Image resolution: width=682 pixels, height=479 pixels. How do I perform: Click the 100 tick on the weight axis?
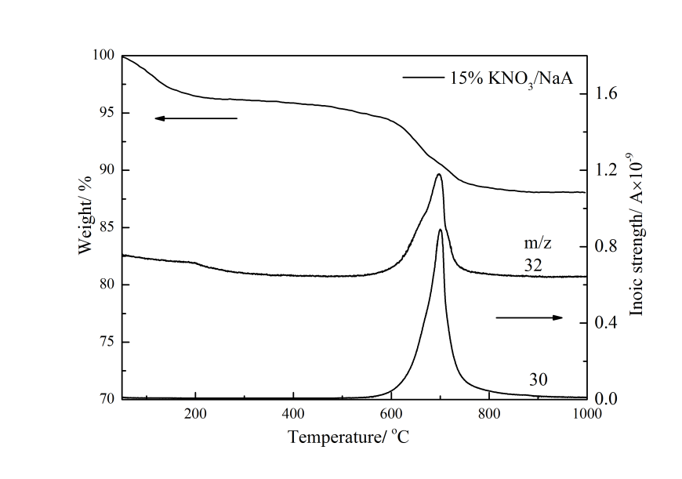click(105, 56)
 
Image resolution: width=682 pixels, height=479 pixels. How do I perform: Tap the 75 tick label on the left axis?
click(105, 342)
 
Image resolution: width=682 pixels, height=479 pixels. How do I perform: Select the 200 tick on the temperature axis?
click(195, 415)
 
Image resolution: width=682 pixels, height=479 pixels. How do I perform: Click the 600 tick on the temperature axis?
click(391, 415)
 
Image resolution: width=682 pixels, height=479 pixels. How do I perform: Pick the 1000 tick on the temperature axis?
click(586, 415)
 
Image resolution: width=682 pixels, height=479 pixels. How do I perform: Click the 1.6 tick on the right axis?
click(608, 94)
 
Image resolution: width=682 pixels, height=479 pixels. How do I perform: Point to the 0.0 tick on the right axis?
click(608, 399)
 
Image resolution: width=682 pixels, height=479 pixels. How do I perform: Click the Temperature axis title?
click(349, 437)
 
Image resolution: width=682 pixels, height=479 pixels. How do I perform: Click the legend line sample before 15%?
click(423, 77)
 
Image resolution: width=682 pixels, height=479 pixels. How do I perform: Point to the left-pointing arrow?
click(195, 118)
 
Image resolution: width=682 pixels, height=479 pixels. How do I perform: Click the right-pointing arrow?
click(529, 318)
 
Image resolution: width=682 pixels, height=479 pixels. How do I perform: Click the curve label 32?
click(534, 267)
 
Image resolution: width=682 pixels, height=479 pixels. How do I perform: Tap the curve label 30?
click(538, 379)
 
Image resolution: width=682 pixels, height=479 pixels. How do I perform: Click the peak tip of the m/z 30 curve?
click(441, 230)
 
